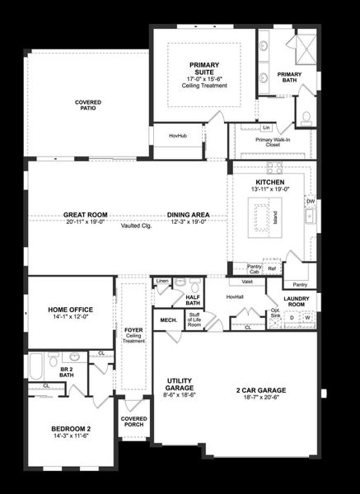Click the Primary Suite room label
click(203, 68)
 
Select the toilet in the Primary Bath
click(306, 116)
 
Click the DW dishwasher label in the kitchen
click(311, 201)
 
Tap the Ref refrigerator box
click(271, 268)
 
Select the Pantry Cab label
click(255, 268)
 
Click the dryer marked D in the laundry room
click(291, 316)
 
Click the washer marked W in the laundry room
click(307, 316)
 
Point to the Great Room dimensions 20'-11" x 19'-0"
click(86, 222)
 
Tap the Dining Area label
click(188, 215)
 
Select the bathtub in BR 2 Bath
click(36, 365)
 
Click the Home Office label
click(70, 310)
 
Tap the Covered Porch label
click(133, 422)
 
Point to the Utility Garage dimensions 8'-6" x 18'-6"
click(179, 395)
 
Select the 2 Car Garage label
click(259, 389)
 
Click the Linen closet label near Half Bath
click(162, 282)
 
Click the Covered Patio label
click(88, 105)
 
